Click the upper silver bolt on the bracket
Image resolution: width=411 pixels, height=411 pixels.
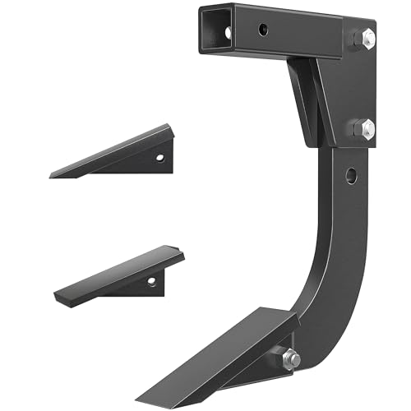(x=365, y=39)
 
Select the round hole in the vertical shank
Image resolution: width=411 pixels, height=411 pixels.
(x=351, y=174)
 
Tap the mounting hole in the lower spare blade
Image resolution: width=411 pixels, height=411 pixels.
(x=150, y=280)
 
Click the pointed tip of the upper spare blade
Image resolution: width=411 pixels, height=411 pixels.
(x=52, y=175)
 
